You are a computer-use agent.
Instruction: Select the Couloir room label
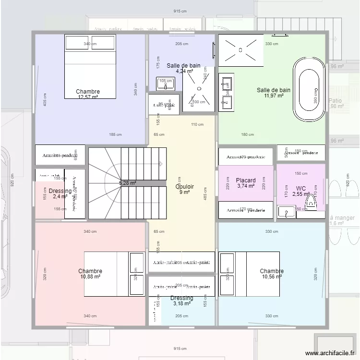185,187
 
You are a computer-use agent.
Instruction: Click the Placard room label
246,180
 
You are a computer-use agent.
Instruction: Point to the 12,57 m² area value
88,97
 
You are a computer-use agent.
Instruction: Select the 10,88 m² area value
90,276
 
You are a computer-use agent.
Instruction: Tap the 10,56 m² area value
272,276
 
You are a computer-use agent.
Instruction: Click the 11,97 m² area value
273,96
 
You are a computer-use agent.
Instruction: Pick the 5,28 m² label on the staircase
127,183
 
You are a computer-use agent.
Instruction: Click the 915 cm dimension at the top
180,12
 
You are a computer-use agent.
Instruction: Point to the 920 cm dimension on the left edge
12,180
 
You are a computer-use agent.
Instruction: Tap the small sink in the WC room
287,212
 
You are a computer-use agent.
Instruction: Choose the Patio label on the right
336,101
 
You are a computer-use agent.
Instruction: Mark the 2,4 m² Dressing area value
60,196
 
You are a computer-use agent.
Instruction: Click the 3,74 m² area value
246,186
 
